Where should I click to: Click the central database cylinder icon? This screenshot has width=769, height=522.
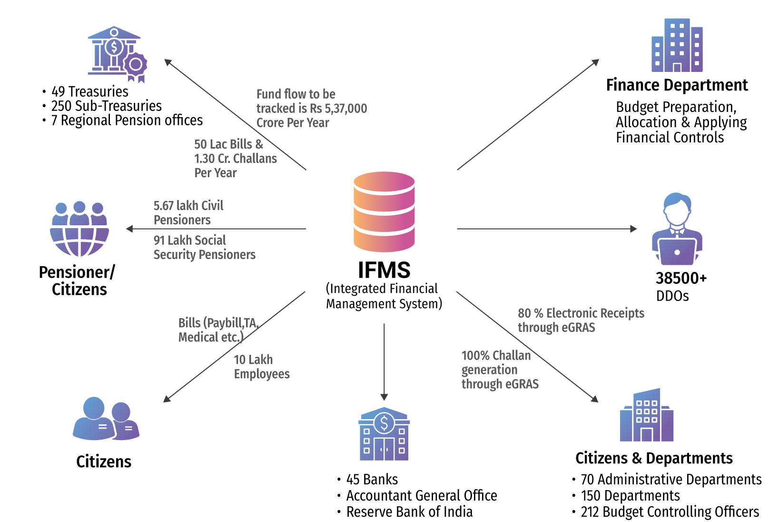pos(384,211)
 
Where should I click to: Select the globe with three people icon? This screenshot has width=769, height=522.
pos(79,229)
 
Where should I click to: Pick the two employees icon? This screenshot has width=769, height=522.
pos(106,419)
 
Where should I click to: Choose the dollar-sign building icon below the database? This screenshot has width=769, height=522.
pos(384,434)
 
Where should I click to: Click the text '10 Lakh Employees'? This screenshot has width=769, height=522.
pos(261,367)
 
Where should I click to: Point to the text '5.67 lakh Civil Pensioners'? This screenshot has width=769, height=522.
pos(188,212)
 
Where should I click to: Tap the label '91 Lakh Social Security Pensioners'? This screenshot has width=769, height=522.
pos(204,247)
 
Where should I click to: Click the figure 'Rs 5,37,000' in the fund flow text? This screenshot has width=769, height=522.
pos(338,109)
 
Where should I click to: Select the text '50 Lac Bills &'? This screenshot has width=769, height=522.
pos(228,144)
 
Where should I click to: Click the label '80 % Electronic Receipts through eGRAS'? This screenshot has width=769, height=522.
pos(581,320)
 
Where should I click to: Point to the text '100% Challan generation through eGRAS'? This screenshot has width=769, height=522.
pos(500,370)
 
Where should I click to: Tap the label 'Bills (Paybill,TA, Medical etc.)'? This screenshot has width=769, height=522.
pos(218,330)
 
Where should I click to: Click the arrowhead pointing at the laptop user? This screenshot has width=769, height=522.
pos(633,229)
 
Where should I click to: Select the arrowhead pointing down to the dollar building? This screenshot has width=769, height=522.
pos(384,397)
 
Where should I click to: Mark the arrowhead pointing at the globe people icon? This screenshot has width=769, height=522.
pos(129,229)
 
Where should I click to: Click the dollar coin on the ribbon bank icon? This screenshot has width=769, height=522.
pos(114,47)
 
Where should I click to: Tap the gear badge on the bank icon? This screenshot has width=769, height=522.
pos(136,64)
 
